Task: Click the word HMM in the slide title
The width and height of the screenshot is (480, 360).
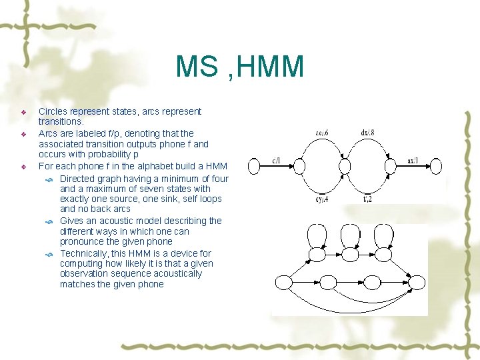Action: point(270,67)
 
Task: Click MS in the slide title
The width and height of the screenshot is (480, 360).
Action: point(198,67)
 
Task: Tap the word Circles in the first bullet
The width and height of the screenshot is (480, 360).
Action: point(54,111)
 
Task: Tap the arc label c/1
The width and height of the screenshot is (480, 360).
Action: point(276,160)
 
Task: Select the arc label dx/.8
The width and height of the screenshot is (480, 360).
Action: point(367,133)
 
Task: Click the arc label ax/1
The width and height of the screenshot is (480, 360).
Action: point(413,160)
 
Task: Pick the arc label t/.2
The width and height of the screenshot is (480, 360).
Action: point(367,199)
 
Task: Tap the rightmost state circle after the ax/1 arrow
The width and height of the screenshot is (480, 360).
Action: point(435,165)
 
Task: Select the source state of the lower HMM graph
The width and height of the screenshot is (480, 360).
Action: point(284,283)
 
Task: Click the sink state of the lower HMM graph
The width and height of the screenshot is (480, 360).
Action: point(416,283)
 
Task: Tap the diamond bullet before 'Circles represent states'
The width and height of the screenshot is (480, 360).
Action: point(23,112)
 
